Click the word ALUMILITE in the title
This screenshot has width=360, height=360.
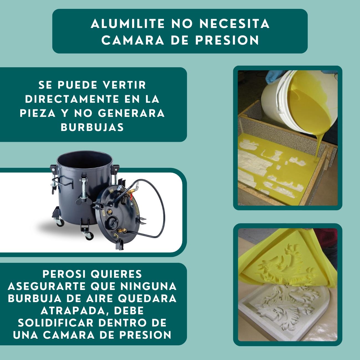point(128,24)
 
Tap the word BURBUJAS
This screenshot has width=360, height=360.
point(92,127)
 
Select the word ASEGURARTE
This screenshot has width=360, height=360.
point(47,286)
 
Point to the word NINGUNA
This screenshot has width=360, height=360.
point(148,286)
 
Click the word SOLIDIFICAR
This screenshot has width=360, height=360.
point(55,323)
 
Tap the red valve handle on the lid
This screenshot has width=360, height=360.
point(131,197)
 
